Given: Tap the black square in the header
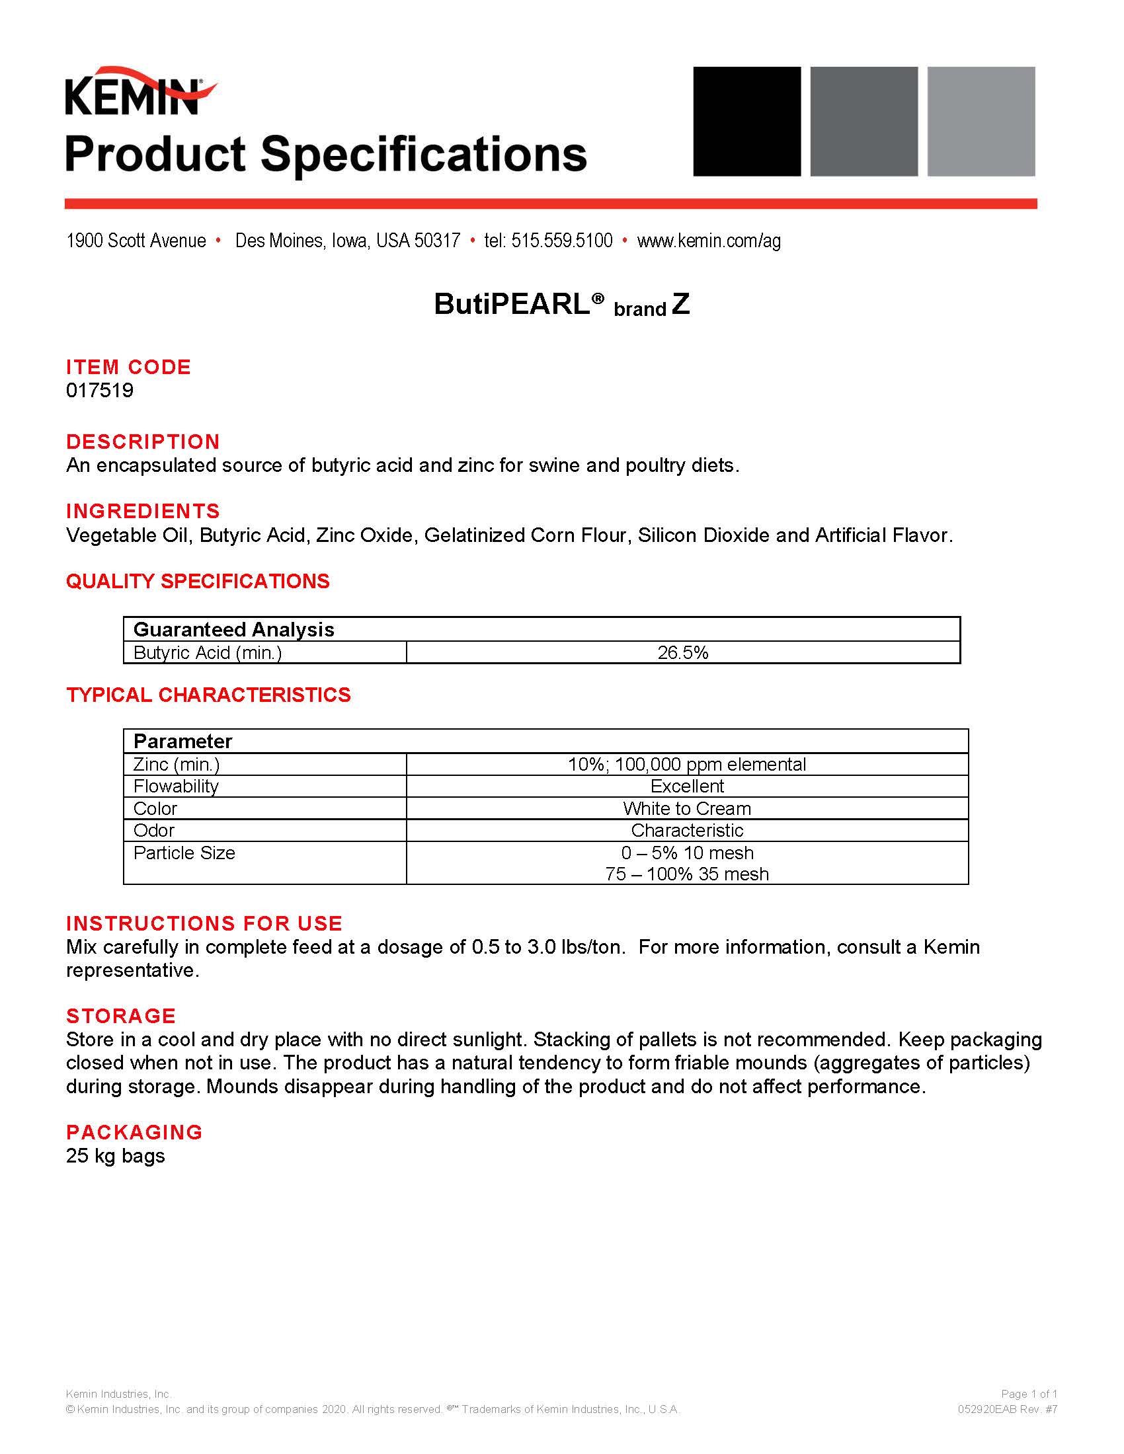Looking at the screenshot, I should point(746,121).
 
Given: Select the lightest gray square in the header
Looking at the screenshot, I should point(981,121).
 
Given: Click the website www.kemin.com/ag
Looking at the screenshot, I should point(709,241).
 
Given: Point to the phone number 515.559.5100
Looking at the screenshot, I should point(561,241).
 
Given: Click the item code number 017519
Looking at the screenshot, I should point(100,390).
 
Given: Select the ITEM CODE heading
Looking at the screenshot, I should point(128,367).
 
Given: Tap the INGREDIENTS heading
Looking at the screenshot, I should point(143,511).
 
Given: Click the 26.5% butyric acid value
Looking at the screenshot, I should point(682,652).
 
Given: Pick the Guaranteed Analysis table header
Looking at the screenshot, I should point(233,629).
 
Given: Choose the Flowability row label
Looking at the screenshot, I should point(176,786).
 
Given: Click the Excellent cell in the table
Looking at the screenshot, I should point(686,786).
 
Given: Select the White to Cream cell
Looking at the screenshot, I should point(686,808).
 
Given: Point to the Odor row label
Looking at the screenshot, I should point(154,830).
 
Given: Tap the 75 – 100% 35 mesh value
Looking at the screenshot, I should point(686,874).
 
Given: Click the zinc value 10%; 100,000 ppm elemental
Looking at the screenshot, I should point(686,764).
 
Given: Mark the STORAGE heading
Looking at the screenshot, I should point(120,1015).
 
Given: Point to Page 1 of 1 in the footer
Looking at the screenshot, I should point(1029,1393).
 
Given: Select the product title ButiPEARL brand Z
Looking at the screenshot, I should point(561,304).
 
